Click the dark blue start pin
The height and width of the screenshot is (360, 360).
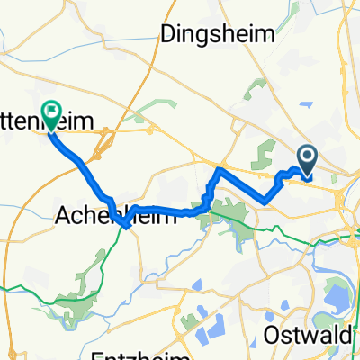click(307, 160)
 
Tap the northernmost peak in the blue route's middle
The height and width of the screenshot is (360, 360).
click(220, 167)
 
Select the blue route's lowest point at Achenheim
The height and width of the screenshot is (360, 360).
click(126, 227)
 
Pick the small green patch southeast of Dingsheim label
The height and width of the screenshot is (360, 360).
click(256, 91)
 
